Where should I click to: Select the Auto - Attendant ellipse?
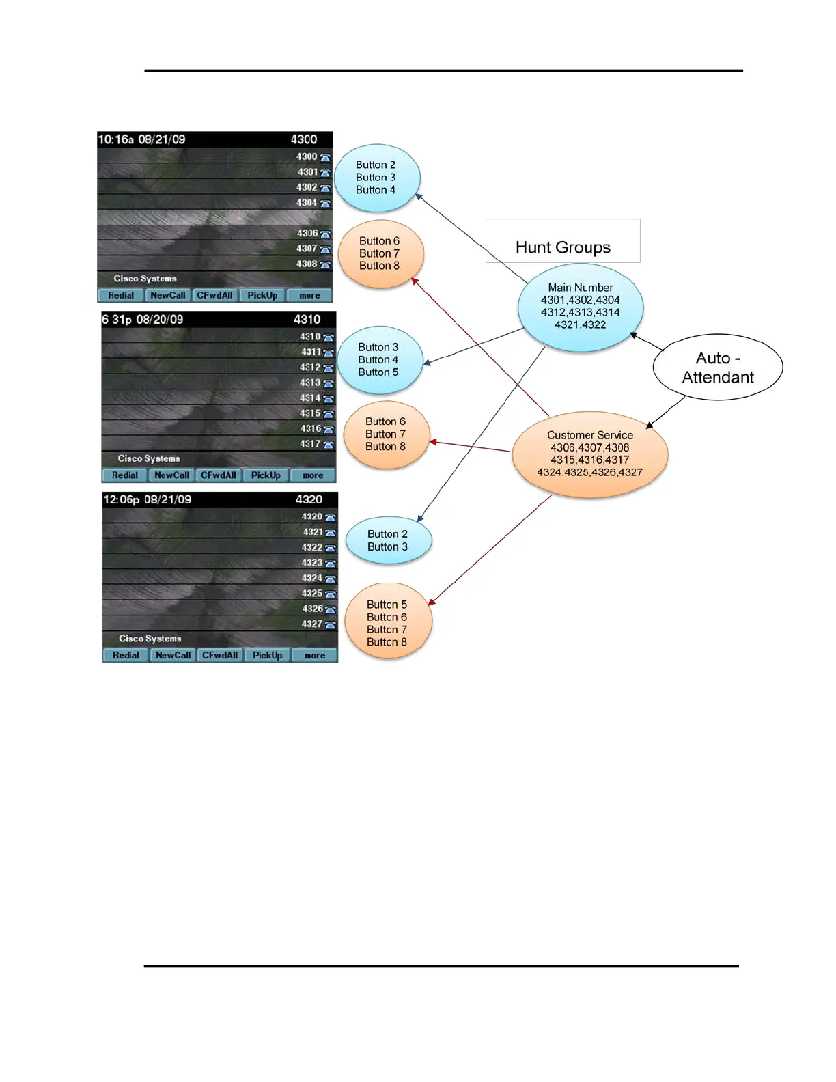click(717, 367)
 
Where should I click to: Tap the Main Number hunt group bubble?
click(581, 307)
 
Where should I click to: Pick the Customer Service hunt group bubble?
click(590, 454)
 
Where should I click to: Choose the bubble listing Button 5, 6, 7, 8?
click(387, 623)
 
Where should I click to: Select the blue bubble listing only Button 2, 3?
click(388, 540)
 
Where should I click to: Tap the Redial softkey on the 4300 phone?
click(121, 296)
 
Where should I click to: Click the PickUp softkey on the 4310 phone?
click(266, 475)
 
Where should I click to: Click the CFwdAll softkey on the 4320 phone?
click(220, 656)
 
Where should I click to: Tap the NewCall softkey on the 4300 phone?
click(168, 296)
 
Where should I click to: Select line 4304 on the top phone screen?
click(307, 203)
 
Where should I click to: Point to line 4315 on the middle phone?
click(311, 413)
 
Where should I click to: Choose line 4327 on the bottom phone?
click(312, 624)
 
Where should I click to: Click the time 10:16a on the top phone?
click(115, 140)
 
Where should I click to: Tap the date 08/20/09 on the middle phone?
click(160, 320)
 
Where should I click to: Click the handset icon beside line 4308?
click(325, 265)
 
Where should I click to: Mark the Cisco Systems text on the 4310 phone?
click(149, 459)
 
